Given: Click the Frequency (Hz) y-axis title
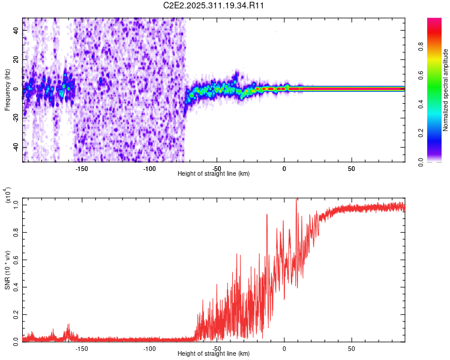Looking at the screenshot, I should coord(7,90).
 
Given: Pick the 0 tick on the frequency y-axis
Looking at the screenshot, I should coord(16,89).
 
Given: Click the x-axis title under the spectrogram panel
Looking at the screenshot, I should coord(214,173).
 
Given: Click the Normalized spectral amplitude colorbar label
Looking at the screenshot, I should coord(445,90).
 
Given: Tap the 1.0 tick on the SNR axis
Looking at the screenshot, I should coord(16,205).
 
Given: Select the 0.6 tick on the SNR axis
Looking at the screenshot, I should coord(16,259).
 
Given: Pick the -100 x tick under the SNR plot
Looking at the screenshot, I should coord(149,348).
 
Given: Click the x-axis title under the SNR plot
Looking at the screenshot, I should coord(214,353).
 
